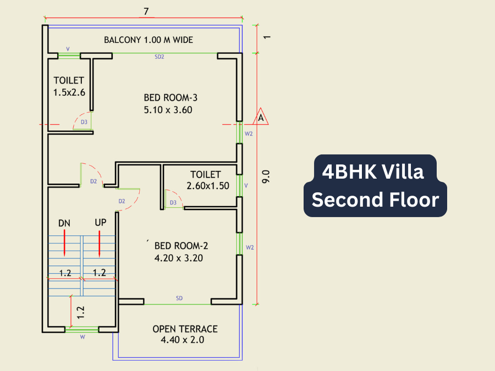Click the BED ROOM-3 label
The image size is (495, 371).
click(x=170, y=98)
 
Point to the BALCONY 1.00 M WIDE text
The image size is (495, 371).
click(x=148, y=40)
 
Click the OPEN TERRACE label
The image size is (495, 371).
click(x=185, y=329)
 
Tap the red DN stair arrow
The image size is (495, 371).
click(x=64, y=243)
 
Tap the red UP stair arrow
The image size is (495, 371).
click(x=100, y=243)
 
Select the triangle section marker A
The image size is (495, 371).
click(x=261, y=117)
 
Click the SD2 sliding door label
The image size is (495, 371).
click(x=159, y=57)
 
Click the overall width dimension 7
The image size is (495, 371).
click(x=146, y=12)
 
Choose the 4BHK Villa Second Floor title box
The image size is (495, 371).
click(x=375, y=186)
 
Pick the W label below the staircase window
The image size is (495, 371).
click(x=82, y=337)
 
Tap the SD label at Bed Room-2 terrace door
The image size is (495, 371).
click(x=179, y=298)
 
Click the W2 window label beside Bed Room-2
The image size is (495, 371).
click(x=250, y=247)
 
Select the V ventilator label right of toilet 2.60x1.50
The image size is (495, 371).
click(x=246, y=186)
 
